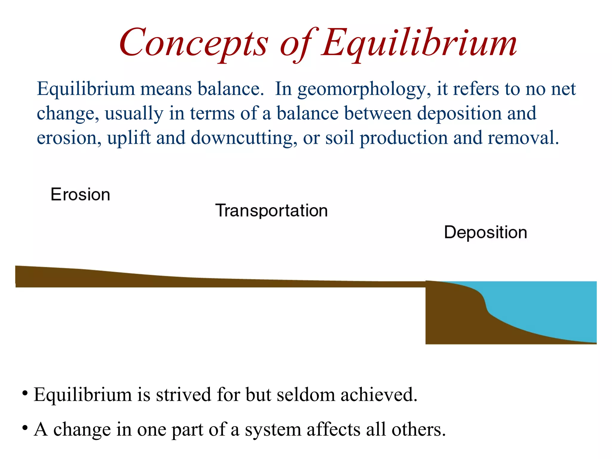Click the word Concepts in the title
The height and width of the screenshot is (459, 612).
click(x=194, y=42)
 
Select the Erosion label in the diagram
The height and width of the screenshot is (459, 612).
click(x=80, y=195)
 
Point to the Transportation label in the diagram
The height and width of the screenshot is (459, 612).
click(x=271, y=210)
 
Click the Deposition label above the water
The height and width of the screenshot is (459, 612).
click(x=486, y=232)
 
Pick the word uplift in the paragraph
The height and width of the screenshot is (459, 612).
click(x=129, y=138)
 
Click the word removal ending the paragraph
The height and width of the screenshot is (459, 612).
click(x=523, y=138)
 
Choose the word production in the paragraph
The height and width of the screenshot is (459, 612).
click(x=403, y=138)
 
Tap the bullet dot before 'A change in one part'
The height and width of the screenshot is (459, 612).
click(x=25, y=428)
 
